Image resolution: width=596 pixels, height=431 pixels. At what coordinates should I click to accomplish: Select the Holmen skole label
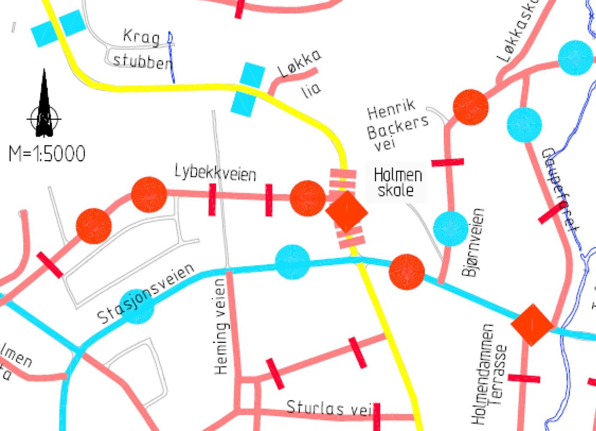point(397,183)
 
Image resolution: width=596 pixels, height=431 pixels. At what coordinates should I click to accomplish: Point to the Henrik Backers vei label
point(396,125)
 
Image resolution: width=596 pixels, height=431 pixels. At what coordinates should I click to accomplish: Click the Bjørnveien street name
point(473,242)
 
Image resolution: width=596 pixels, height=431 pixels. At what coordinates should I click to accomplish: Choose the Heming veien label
point(221,327)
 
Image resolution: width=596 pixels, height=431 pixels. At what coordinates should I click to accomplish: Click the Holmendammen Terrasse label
point(490,374)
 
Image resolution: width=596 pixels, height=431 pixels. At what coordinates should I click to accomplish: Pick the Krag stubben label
point(142,49)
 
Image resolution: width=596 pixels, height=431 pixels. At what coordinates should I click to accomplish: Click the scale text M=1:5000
point(47,154)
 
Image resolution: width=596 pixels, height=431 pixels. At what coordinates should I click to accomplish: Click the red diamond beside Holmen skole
point(347,212)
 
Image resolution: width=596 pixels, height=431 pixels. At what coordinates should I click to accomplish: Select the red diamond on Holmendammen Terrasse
point(532,325)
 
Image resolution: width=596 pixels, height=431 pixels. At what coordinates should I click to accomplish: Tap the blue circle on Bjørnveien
point(451,228)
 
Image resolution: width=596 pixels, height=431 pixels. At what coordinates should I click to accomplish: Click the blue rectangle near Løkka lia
point(248,90)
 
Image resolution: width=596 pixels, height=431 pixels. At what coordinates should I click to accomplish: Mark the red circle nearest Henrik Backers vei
point(470,107)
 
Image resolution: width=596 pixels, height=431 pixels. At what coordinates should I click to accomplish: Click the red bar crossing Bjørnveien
point(447,162)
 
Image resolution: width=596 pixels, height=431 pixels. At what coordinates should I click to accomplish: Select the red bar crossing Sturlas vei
point(377,416)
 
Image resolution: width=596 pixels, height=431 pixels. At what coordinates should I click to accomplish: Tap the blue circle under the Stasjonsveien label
point(137,307)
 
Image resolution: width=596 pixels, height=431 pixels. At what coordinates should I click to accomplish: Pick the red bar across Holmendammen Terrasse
point(524,378)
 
